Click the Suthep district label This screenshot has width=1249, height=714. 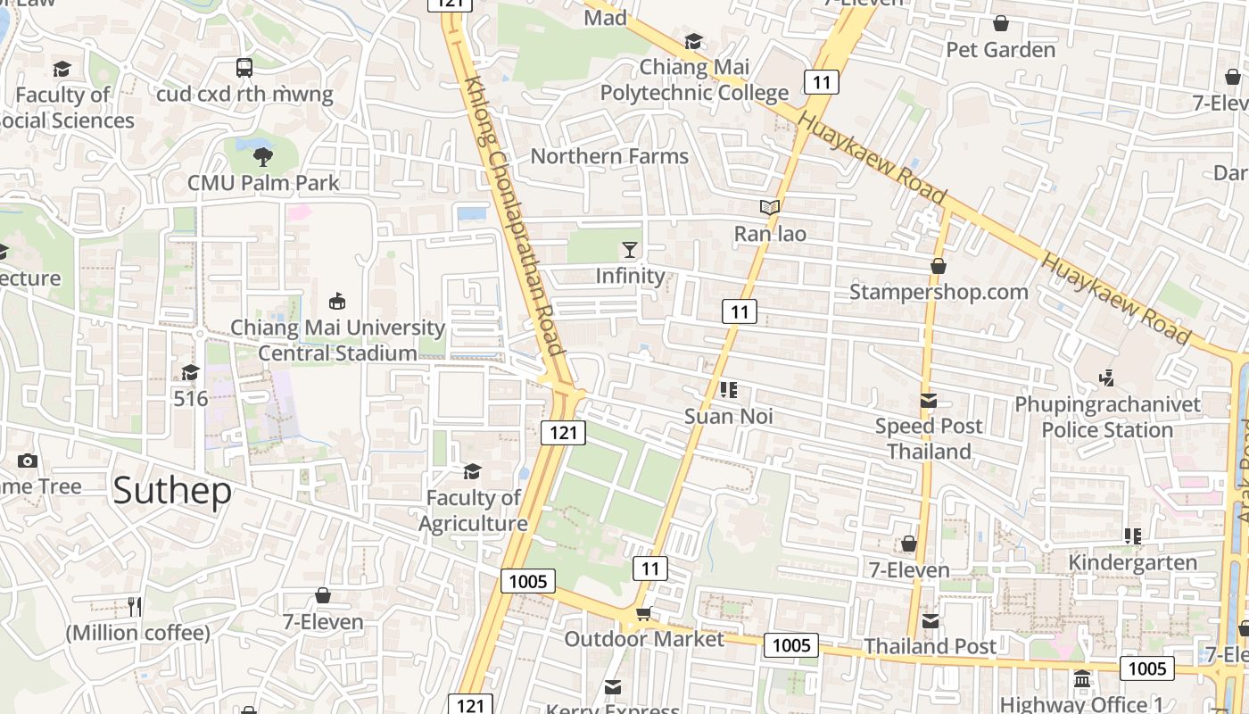point(172,491)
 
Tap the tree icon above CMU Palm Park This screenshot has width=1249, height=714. point(263,157)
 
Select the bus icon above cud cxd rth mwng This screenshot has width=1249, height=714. point(244,67)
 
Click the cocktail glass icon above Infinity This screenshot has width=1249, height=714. point(631,249)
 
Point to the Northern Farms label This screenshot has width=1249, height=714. point(609,156)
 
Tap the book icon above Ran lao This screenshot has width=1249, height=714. point(770,208)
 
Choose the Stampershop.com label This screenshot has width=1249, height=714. point(939,292)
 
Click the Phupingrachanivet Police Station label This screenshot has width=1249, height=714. point(1107,418)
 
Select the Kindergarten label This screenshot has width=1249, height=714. point(1132,562)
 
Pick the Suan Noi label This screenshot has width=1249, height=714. point(728,417)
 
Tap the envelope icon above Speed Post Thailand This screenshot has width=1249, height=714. point(929,401)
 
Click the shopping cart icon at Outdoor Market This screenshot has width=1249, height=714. point(643,613)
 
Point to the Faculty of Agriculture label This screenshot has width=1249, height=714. point(473,511)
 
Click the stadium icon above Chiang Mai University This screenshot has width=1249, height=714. point(337,301)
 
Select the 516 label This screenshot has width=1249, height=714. point(191,398)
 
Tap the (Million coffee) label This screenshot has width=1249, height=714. point(137,633)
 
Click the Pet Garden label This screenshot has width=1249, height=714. point(1000,50)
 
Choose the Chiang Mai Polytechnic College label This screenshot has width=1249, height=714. point(694,80)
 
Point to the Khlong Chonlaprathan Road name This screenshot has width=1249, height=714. point(513,215)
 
